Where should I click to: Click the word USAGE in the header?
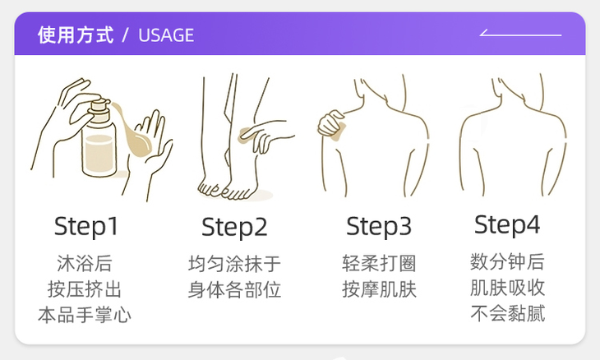[x=166, y=35]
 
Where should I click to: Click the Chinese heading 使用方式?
[x=75, y=35]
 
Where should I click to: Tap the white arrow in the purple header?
[x=519, y=35]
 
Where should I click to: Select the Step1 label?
[x=86, y=226]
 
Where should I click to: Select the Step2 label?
[x=234, y=227]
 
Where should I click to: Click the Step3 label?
[x=379, y=226]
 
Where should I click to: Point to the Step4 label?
[x=507, y=224]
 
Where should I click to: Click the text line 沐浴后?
[x=85, y=264]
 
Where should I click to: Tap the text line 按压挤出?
[x=85, y=289]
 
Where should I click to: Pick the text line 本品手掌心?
[x=85, y=315]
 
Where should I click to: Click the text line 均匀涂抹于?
[x=234, y=264]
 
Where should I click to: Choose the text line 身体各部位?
[x=234, y=289]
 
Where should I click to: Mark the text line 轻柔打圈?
[x=379, y=264]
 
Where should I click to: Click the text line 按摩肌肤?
[x=379, y=289]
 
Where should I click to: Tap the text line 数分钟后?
[x=507, y=262]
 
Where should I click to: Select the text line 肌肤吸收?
[x=507, y=288]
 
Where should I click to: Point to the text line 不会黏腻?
[x=507, y=313]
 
